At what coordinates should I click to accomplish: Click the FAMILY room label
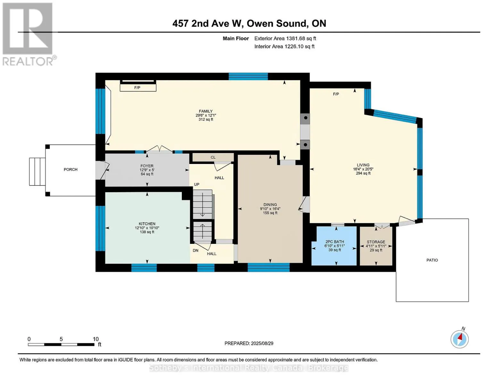pos(206,111)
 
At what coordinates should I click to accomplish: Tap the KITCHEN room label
pos(147,224)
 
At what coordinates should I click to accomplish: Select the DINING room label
pos(270,205)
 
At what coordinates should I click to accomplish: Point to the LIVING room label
pos(363,165)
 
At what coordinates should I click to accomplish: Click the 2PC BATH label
pos(334,242)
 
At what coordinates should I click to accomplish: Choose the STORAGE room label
pos(376,242)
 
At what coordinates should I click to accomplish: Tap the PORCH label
pos(71,169)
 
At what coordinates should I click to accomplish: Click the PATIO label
pos(432,260)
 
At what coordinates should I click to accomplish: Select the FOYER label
pos(147,166)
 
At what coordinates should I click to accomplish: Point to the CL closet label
pos(213,157)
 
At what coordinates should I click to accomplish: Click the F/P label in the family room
pos(137,88)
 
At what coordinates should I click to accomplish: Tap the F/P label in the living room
pos(336,94)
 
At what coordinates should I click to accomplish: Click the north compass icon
pos(460,339)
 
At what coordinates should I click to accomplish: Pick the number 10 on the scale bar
pos(96,339)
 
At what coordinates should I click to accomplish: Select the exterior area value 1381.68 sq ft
pos(301,38)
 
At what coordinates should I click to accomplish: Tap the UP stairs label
pos(197,184)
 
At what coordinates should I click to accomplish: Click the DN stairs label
pos(196,250)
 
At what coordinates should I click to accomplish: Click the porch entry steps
pos(37,172)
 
